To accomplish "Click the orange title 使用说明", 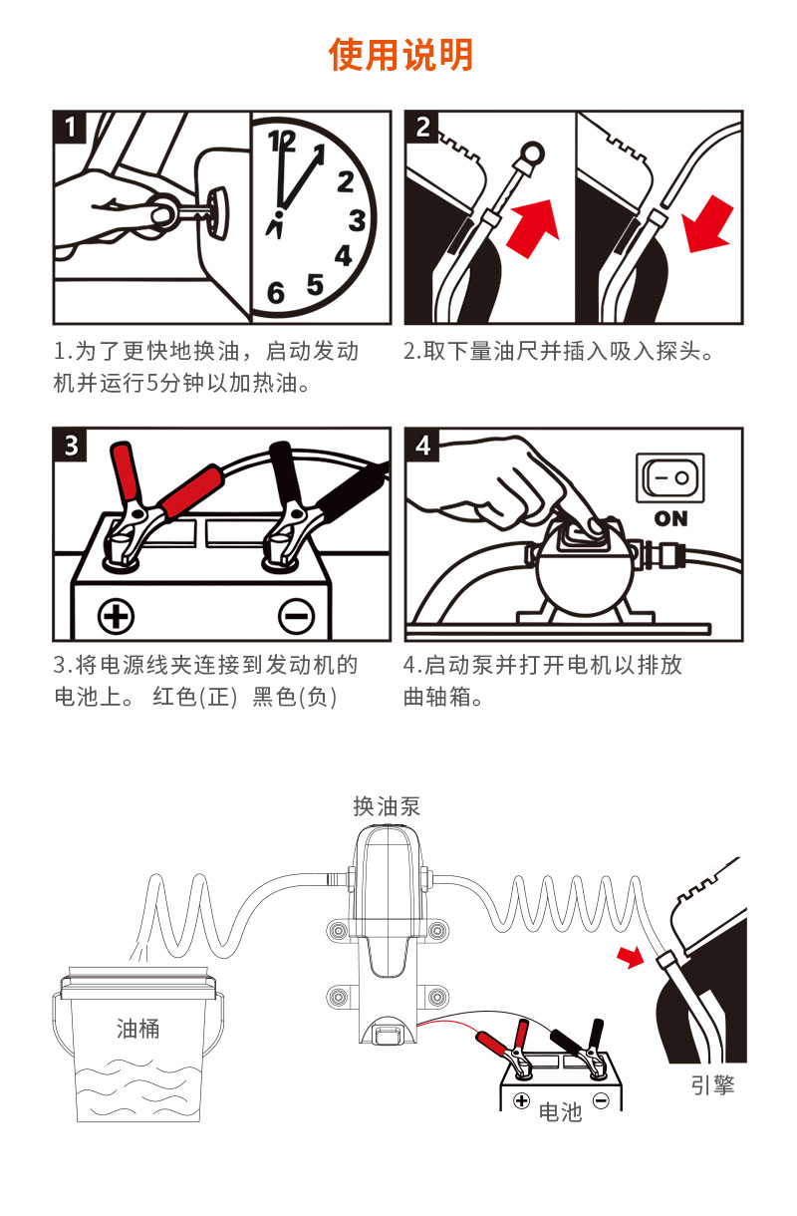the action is tap(400, 55).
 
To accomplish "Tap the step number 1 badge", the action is tap(70, 128).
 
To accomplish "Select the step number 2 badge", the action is tap(422, 128).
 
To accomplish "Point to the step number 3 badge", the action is tap(70, 446).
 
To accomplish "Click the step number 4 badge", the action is tap(422, 446).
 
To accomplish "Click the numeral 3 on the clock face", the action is tap(357, 220).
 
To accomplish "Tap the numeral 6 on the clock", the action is tap(276, 294).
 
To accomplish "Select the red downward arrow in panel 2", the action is tap(708, 224).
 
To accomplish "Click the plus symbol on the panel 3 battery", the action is tap(116, 616).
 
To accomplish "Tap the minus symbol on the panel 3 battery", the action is tap(296, 616).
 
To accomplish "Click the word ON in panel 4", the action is tap(670, 519).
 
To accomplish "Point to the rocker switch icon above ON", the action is tap(670, 477).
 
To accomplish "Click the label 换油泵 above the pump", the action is tap(387, 806).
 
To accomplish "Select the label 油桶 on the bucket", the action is tap(138, 1029).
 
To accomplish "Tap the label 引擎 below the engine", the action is tap(712, 1084).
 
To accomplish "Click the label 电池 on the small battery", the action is tap(561, 1111).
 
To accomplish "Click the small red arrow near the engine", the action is tap(631, 958).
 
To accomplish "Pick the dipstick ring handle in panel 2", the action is tap(532, 152).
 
